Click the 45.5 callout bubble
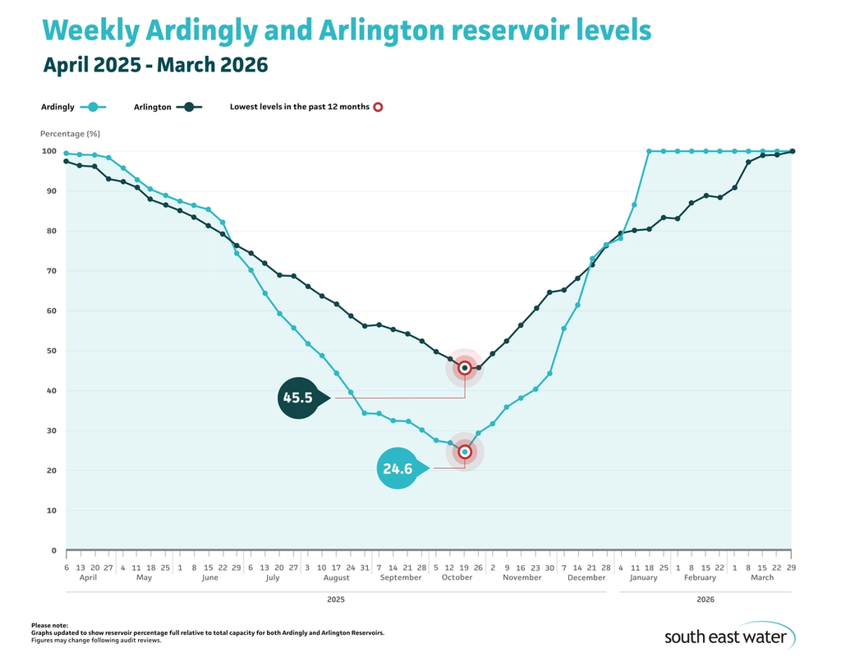tap(297, 398)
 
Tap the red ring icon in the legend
tap(378, 107)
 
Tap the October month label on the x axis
tap(457, 577)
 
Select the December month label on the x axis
tap(586, 577)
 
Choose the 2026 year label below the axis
tap(705, 600)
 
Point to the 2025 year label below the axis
tap(335, 600)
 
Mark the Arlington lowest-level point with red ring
tap(465, 368)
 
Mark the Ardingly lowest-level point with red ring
tap(465, 452)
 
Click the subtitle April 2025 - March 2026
tap(155, 64)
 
